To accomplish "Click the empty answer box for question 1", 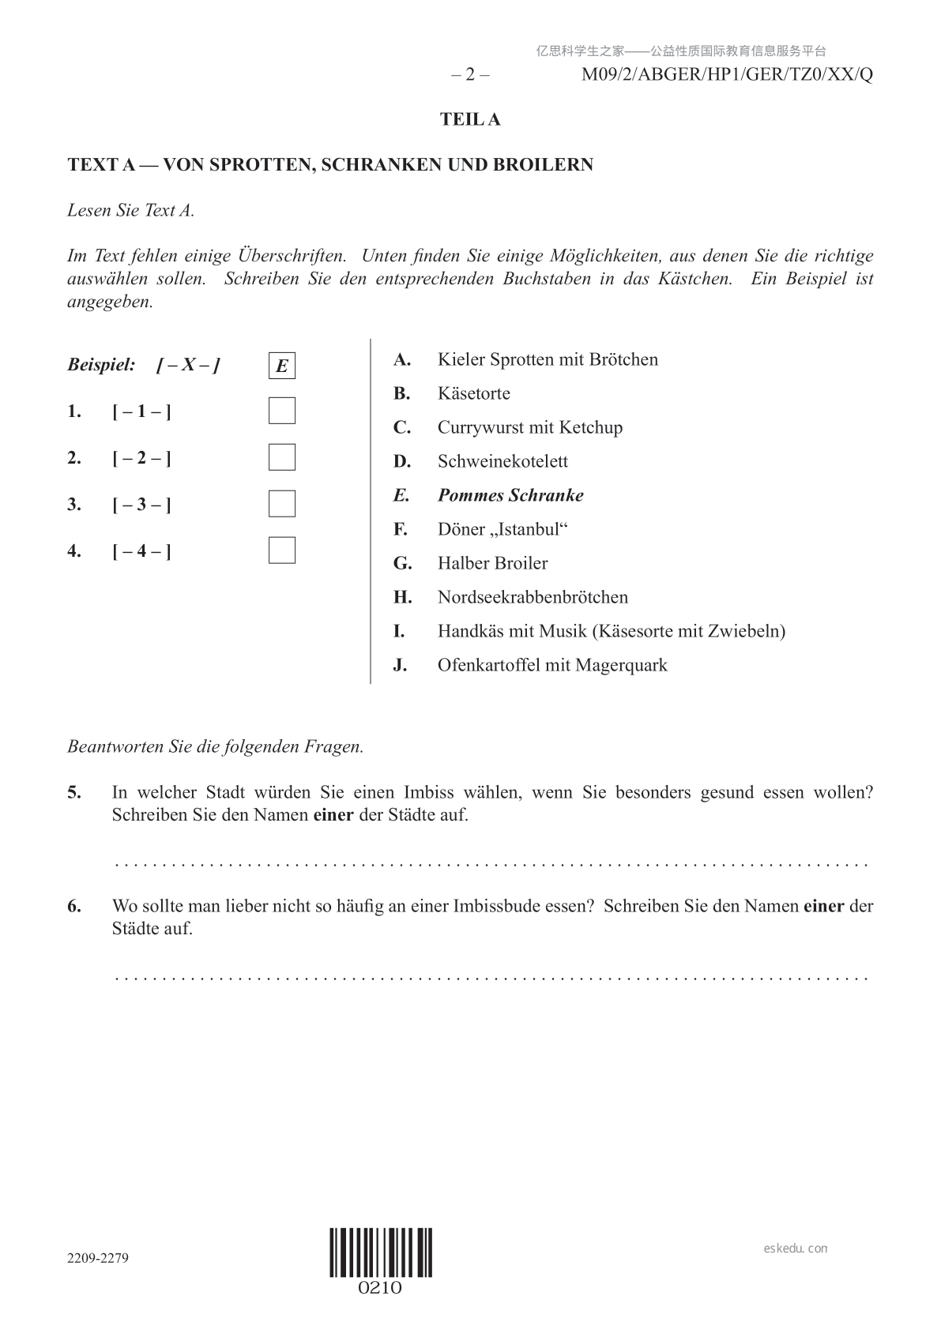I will (282, 411).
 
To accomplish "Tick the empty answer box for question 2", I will (282, 457).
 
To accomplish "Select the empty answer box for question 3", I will (282, 504).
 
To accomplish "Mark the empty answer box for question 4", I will (282, 550).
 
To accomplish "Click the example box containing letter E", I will (282, 366).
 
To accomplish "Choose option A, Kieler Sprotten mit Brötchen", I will (548, 360).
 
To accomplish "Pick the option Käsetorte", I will (474, 394).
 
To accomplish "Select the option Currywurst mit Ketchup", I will (530, 428).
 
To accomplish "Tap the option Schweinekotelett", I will (502, 462).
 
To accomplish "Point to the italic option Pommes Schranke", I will (510, 496).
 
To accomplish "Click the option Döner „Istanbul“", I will (502, 530).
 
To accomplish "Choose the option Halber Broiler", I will (492, 564).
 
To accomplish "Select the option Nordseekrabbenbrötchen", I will (533, 598).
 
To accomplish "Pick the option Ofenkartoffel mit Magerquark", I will (552, 666).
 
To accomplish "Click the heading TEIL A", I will (470, 120).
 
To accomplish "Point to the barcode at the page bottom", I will (381, 1253).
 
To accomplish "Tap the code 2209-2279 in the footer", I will (98, 1258).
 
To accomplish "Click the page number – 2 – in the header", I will (470, 75).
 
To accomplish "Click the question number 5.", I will (74, 793).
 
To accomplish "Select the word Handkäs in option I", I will (469, 632).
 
